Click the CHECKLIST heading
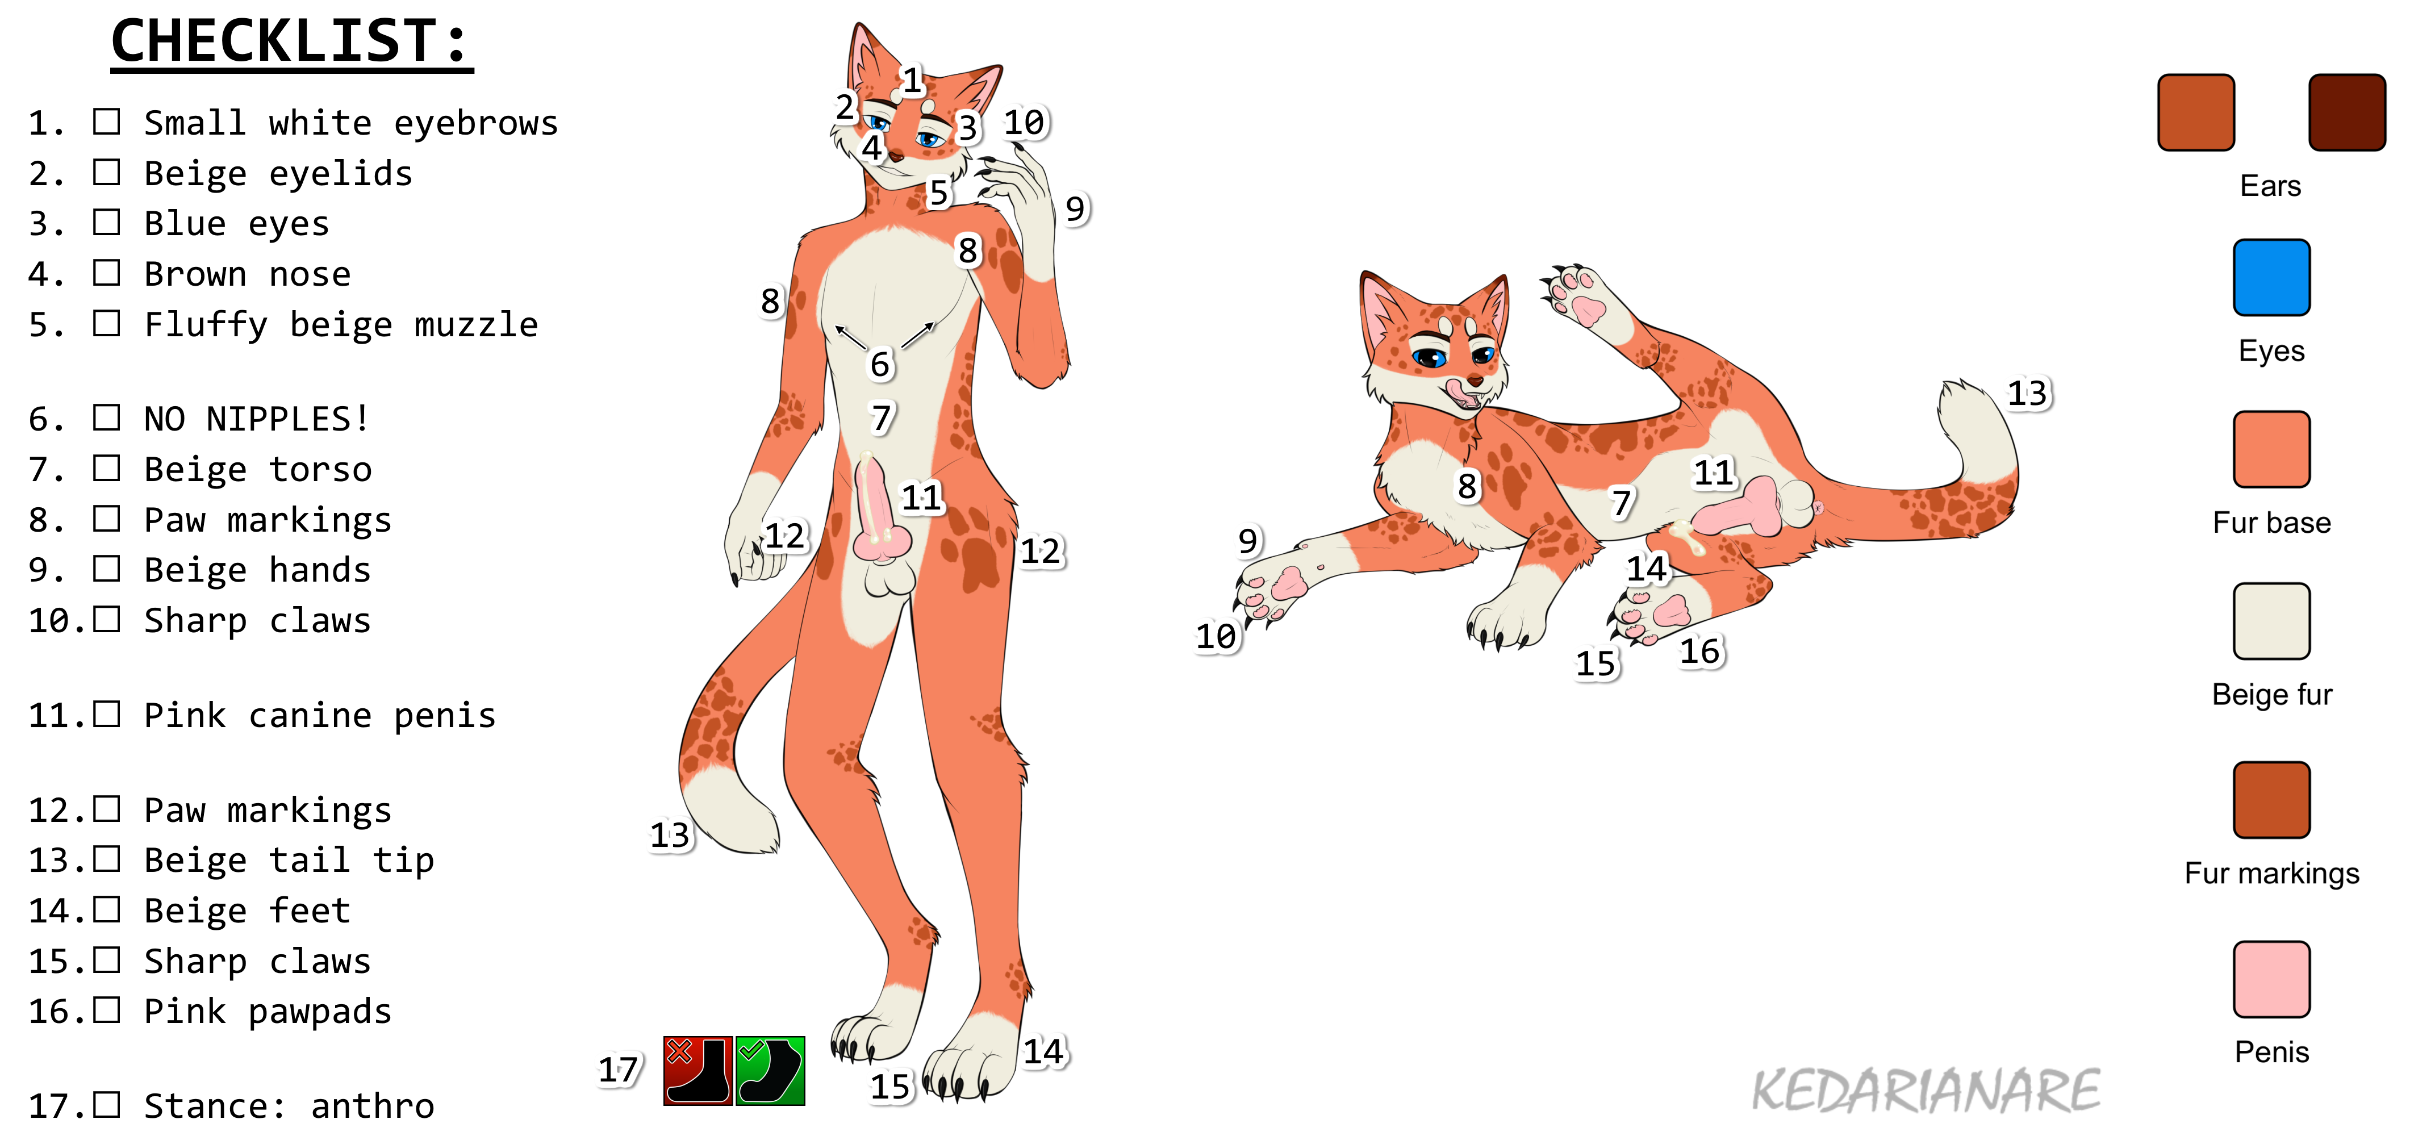point(291,42)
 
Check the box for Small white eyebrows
point(107,122)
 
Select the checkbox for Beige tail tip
point(107,859)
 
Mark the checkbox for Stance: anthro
point(107,1105)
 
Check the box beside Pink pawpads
point(107,1010)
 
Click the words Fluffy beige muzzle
point(341,324)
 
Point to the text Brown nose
point(248,274)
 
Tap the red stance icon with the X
point(697,1070)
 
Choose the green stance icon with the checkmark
point(770,1070)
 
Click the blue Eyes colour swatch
point(2271,277)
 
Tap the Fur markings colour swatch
point(2271,800)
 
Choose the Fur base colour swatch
point(2271,449)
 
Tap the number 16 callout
point(1700,651)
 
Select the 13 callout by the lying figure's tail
point(2028,392)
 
